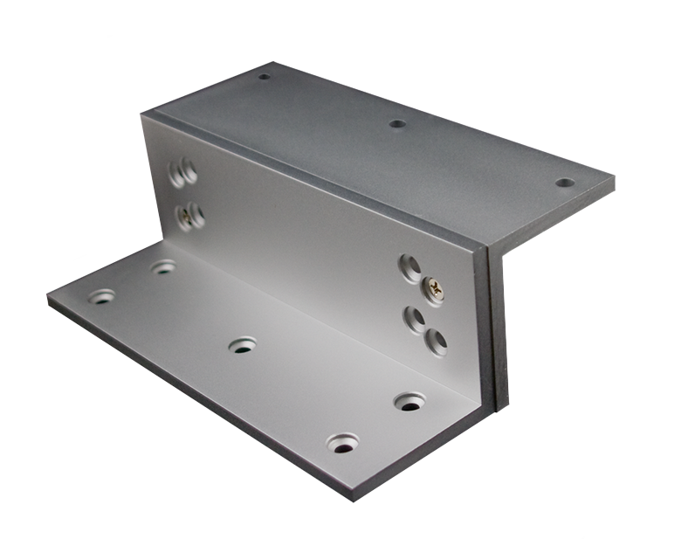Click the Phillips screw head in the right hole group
coord(434,290)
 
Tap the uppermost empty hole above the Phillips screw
coord(409,267)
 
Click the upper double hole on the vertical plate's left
coord(183,173)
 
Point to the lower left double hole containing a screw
coord(190,216)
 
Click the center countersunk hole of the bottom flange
coord(243,345)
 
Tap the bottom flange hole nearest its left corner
coord(101,296)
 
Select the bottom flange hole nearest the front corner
coord(343,444)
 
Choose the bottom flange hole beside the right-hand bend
coord(409,402)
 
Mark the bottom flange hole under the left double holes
coord(163,266)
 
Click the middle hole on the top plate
coord(397,124)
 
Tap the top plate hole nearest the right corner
coord(565,183)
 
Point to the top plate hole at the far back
coord(264,76)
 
